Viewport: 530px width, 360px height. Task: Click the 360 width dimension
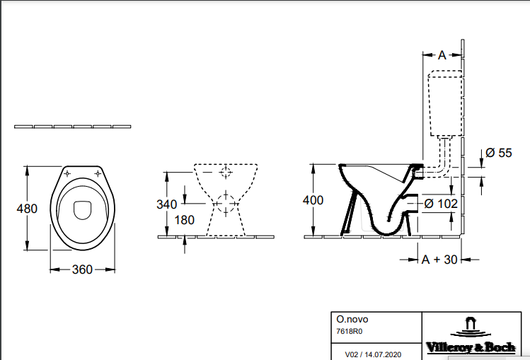pyautogui.click(x=82, y=269)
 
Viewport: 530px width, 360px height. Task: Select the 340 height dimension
pyautogui.click(x=167, y=204)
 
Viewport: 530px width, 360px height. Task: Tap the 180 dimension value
pyautogui.click(x=185, y=220)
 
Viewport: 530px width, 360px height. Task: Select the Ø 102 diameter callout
pyautogui.click(x=439, y=203)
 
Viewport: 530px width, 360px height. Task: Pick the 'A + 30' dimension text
pyautogui.click(x=439, y=260)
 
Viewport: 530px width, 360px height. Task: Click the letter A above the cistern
pyautogui.click(x=442, y=54)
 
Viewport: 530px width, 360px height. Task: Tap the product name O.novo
pyautogui.click(x=351, y=319)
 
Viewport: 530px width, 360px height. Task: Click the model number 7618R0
pyautogui.click(x=348, y=331)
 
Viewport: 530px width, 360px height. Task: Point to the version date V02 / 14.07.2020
pyautogui.click(x=372, y=352)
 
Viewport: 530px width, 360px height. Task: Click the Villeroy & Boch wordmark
pyautogui.click(x=469, y=347)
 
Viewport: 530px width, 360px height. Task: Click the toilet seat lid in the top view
pyautogui.click(x=82, y=209)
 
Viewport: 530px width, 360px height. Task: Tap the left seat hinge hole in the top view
pyautogui.click(x=67, y=173)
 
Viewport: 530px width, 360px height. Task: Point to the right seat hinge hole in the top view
pyautogui.click(x=98, y=173)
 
